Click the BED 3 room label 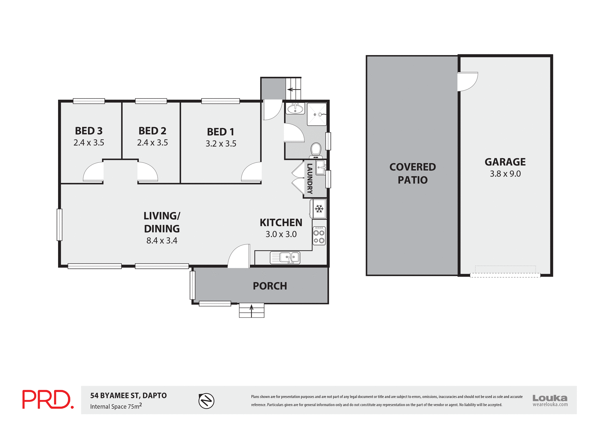(x=89, y=131)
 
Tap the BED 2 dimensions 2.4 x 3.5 (x=152, y=143)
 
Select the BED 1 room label (x=220, y=132)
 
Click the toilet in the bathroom (x=316, y=149)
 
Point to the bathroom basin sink (x=295, y=109)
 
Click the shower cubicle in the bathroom (x=317, y=114)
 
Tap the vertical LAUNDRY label (x=310, y=178)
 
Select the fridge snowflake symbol (x=319, y=209)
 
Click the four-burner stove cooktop (x=319, y=236)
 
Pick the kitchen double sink (x=285, y=258)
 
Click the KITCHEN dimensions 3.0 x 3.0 (x=281, y=234)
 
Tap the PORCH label (x=270, y=286)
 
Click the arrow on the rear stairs (x=294, y=89)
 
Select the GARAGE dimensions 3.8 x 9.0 (x=505, y=174)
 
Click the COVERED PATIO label (x=412, y=173)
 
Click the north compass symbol (x=206, y=401)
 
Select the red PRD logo (x=48, y=399)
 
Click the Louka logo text (x=550, y=398)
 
